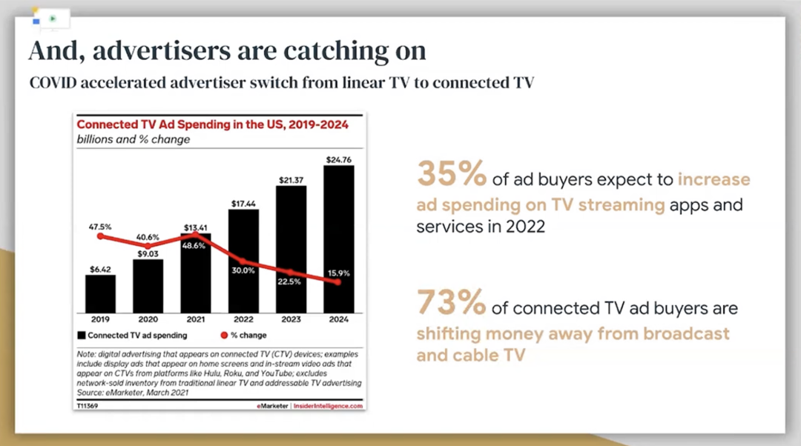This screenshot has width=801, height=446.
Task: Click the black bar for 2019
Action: [100, 294]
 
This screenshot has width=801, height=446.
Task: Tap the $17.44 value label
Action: [243, 202]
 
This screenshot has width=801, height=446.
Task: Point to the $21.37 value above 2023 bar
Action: [291, 179]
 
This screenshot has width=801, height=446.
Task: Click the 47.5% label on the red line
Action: [100, 227]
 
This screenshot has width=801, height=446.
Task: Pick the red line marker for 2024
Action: [338, 282]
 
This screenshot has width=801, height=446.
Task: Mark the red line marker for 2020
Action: [148, 246]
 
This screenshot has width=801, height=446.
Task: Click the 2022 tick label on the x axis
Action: [243, 321]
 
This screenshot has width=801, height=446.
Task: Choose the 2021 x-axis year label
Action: [195, 321]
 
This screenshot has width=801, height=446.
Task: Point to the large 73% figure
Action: [452, 302]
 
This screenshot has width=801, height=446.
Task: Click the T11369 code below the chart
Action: [88, 406]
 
